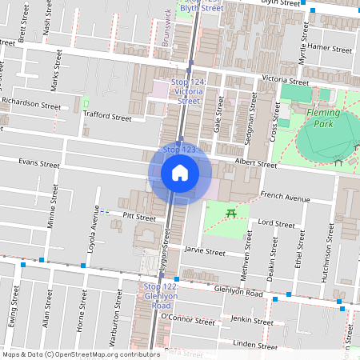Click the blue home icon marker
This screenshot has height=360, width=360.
pos(179,173)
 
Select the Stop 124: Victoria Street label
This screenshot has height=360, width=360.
pos(189,91)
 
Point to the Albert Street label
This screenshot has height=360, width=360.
pos(255,165)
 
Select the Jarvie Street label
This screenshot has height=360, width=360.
pos(205,251)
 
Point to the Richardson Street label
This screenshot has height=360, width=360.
pos(30,104)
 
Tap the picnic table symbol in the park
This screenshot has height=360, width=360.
pos(231,212)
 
